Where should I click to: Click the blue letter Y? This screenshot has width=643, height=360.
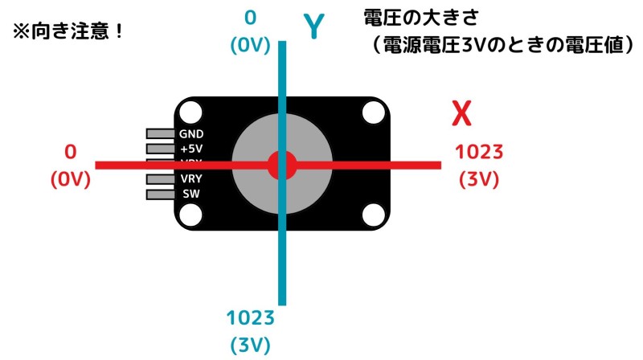(314, 27)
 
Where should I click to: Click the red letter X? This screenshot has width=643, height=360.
(461, 115)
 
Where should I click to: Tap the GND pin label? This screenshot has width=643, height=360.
(191, 133)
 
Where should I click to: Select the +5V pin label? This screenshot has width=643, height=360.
(191, 149)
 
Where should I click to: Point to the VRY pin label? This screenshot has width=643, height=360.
(191, 179)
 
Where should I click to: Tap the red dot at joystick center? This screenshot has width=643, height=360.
(282, 165)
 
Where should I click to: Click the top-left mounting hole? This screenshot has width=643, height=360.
(191, 112)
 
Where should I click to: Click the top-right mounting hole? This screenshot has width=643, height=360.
(373, 112)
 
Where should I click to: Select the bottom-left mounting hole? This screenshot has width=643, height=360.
(191, 215)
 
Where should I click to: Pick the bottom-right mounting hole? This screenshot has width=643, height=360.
(373, 215)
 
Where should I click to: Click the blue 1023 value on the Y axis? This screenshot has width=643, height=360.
(250, 317)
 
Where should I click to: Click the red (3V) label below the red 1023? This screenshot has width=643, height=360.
(479, 180)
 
